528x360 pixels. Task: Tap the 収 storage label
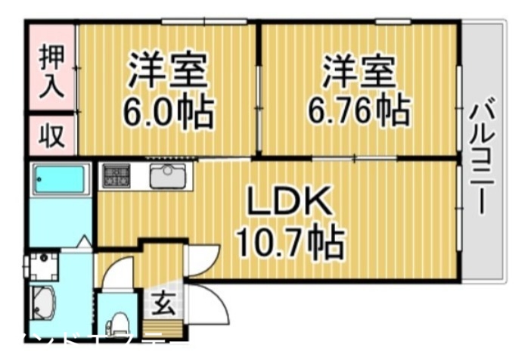(x=51, y=136)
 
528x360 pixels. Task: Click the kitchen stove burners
(x=116, y=176)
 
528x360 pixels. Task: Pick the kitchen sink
(x=166, y=176)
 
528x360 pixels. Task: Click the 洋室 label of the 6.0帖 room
(x=168, y=72)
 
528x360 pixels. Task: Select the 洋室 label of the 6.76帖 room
(x=359, y=72)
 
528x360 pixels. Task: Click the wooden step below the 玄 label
(x=163, y=329)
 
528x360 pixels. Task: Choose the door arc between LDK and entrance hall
(x=204, y=261)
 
